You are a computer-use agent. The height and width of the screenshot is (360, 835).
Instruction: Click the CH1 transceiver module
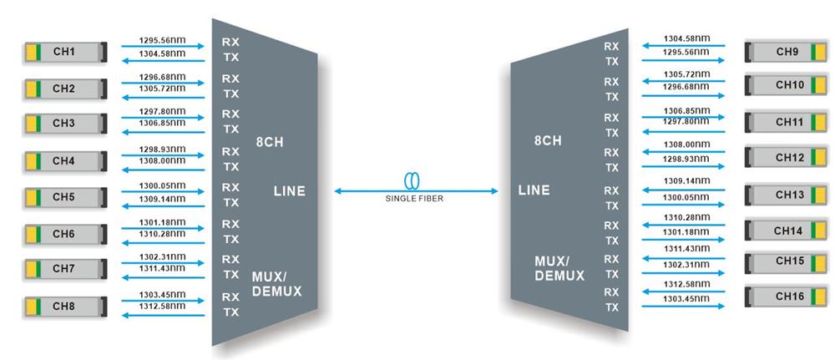64,53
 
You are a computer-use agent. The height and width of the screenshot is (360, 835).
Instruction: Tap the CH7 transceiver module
64,268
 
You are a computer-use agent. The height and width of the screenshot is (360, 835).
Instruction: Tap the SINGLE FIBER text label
415,200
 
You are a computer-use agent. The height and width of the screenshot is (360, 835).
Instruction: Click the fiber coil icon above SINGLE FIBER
415,181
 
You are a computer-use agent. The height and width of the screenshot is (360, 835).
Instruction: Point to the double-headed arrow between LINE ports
416,191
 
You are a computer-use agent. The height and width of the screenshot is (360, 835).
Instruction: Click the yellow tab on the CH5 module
31,197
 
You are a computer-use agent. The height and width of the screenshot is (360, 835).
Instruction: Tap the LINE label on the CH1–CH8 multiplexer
289,191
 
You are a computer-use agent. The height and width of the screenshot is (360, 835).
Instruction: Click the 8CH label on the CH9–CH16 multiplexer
549,141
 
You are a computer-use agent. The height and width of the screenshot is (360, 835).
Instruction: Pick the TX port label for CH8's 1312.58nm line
230,312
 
